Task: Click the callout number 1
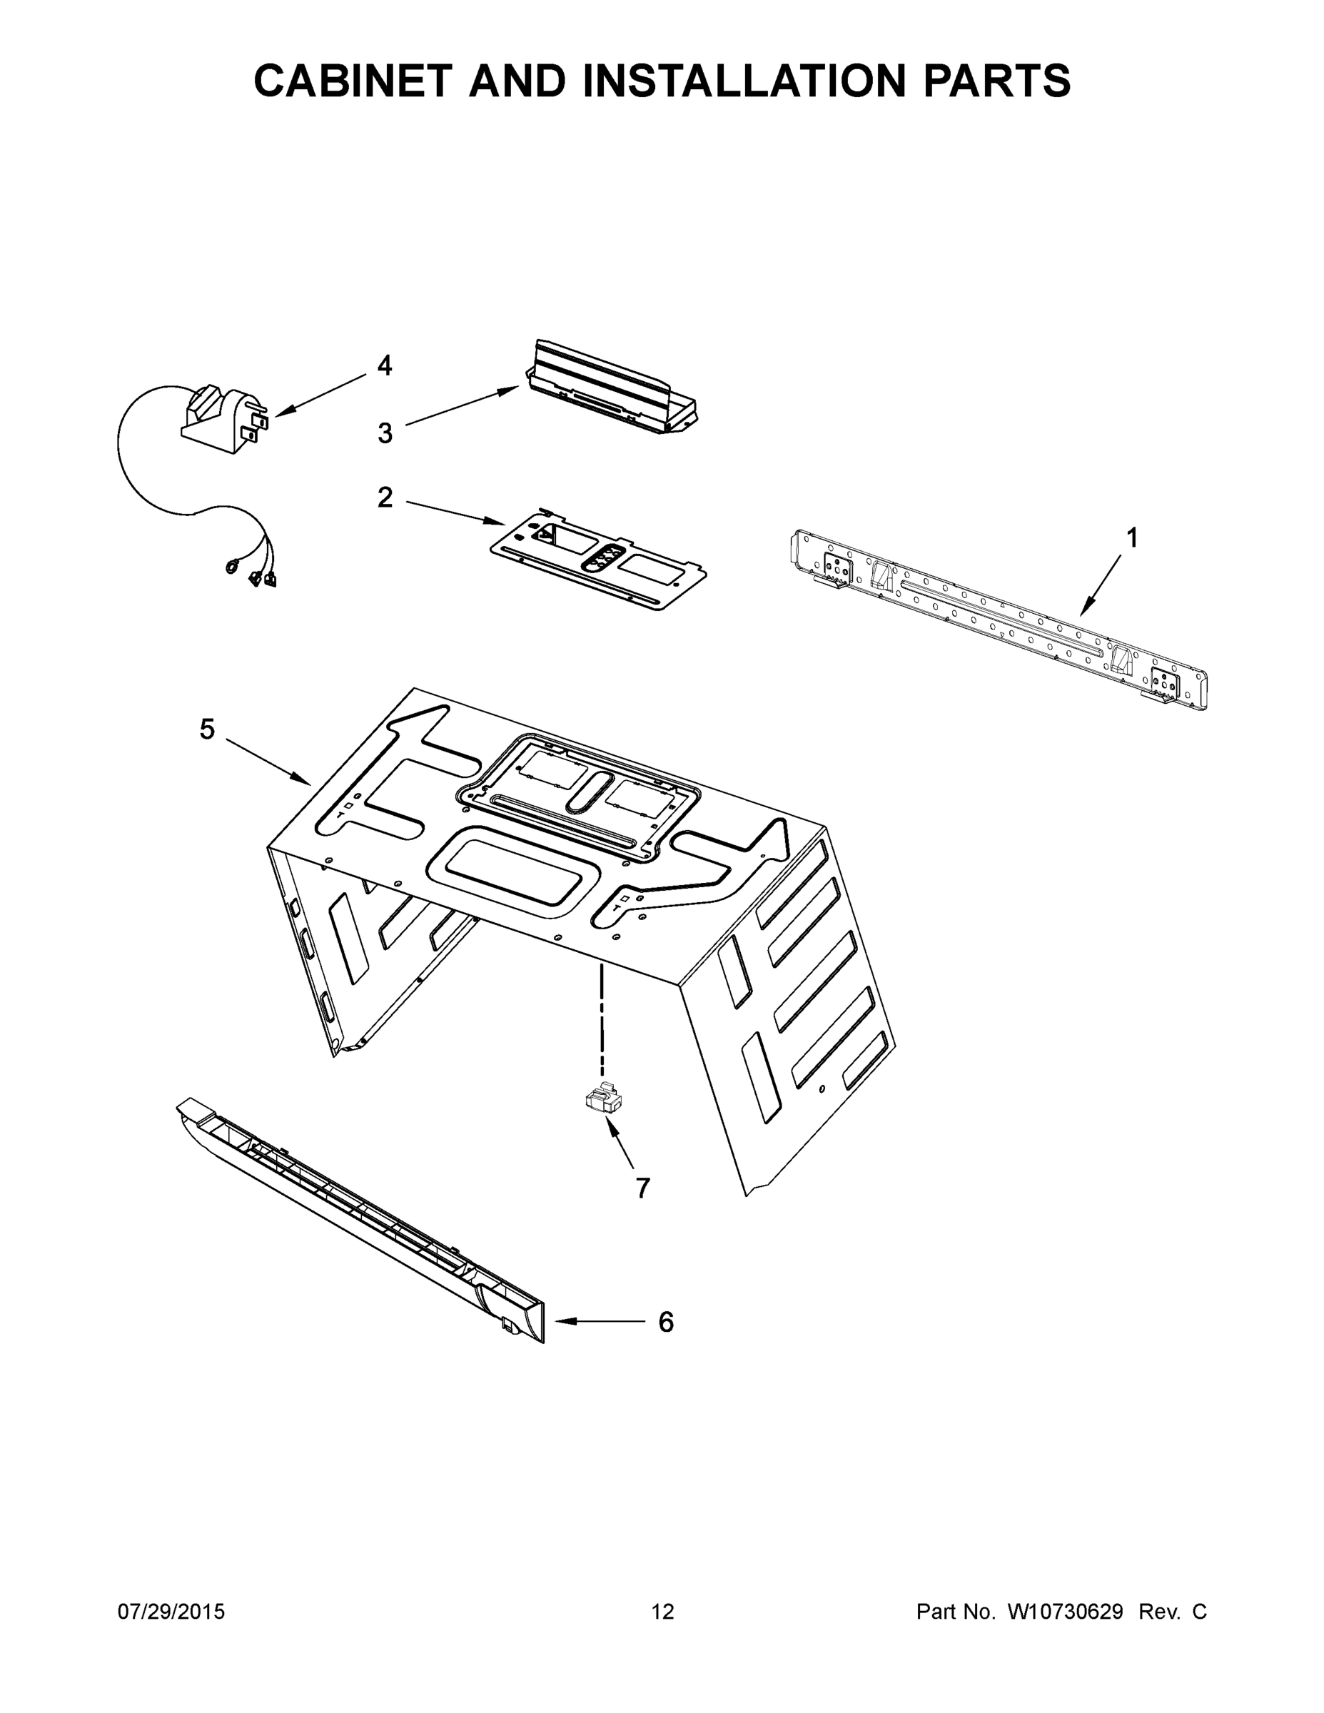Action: (1132, 538)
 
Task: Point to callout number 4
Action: (384, 365)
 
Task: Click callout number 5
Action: (206, 729)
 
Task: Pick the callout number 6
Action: (665, 1323)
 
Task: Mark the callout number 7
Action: (642, 1188)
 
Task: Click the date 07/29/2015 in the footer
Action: (171, 1612)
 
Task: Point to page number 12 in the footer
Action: (662, 1612)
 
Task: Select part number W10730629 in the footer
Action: (1064, 1612)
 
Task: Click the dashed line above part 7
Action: (602, 1020)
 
